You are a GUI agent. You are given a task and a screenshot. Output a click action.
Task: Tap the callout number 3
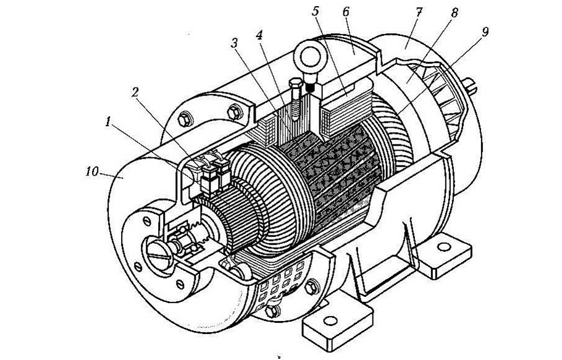234,43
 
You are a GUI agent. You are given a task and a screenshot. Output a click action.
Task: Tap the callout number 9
485,31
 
